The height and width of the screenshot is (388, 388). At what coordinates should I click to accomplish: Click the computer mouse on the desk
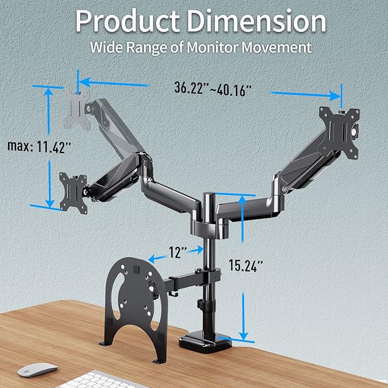(37, 370)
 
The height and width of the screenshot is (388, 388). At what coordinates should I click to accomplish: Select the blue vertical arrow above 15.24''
(243, 223)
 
